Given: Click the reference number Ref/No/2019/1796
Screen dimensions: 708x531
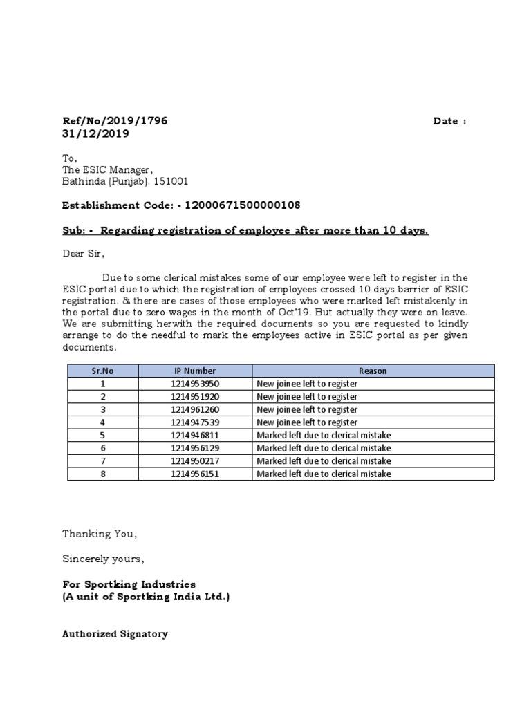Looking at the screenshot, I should tap(115, 121).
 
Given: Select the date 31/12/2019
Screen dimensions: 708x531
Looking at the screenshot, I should tap(95, 134).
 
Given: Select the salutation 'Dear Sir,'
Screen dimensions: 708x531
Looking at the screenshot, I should tap(84, 254).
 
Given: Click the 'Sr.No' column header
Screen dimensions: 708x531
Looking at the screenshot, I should tap(102, 371).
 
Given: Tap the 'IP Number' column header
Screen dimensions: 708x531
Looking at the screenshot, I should tap(195, 371).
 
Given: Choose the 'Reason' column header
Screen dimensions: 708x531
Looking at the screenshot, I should tap(373, 371).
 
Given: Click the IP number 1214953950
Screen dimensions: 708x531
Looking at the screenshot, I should tap(195, 384).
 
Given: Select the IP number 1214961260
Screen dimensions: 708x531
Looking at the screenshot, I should tap(195, 409).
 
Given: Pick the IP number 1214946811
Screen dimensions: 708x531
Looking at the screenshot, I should tap(195, 435).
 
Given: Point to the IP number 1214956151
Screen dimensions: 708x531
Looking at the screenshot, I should tap(195, 474).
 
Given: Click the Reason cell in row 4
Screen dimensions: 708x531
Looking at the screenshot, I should tap(307, 422).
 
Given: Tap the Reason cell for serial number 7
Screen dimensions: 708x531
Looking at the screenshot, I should tap(324, 461).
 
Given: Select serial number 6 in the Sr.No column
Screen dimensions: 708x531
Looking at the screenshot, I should tap(102, 448).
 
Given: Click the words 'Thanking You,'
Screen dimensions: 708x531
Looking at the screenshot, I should tap(100, 534).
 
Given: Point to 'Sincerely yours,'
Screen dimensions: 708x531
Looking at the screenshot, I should tap(104, 559).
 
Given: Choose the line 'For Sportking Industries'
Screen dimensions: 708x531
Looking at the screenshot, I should tap(129, 584).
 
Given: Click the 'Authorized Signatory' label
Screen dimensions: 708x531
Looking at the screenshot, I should tap(115, 633).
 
